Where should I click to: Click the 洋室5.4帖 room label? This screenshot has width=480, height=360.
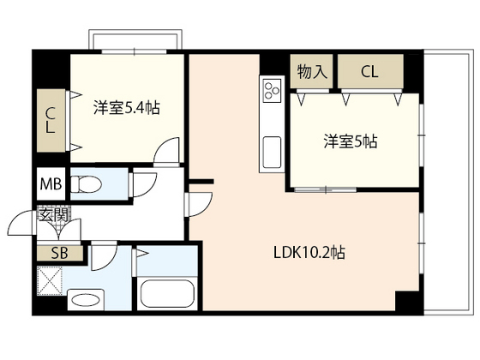coord(127,108)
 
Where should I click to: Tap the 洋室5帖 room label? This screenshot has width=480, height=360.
coord(351,141)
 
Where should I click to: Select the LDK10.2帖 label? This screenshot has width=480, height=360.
coord(309,253)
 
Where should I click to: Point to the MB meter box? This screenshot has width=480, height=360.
coord(51,184)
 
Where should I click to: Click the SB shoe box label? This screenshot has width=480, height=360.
coord(60,253)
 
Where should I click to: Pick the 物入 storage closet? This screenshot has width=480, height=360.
coord(311,72)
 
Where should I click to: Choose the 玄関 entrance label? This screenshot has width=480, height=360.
coord(54,214)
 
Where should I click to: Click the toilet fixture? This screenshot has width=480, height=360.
coord(86,184)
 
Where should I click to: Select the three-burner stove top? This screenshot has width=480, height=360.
coord(272,89)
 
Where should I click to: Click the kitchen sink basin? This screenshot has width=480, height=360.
coord(272,153)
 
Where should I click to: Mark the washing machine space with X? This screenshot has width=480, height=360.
coord(50,281)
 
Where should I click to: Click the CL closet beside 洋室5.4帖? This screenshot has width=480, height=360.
coord(51,121)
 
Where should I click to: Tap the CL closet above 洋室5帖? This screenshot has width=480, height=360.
coord(370,72)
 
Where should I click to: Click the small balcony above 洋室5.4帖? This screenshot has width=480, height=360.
coord(135,39)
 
